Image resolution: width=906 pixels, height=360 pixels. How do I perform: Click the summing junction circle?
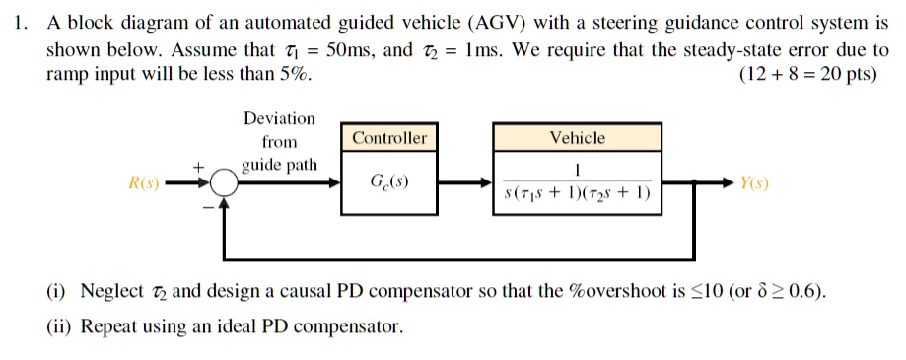point(226,183)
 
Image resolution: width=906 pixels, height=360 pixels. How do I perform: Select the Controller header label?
point(389,138)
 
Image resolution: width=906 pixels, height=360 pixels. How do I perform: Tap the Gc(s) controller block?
point(389,183)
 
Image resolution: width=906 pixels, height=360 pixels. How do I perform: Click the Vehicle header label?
point(578,138)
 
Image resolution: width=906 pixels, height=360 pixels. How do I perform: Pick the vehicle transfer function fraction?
point(577,183)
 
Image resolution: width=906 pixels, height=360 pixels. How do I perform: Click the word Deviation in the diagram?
point(279,119)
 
